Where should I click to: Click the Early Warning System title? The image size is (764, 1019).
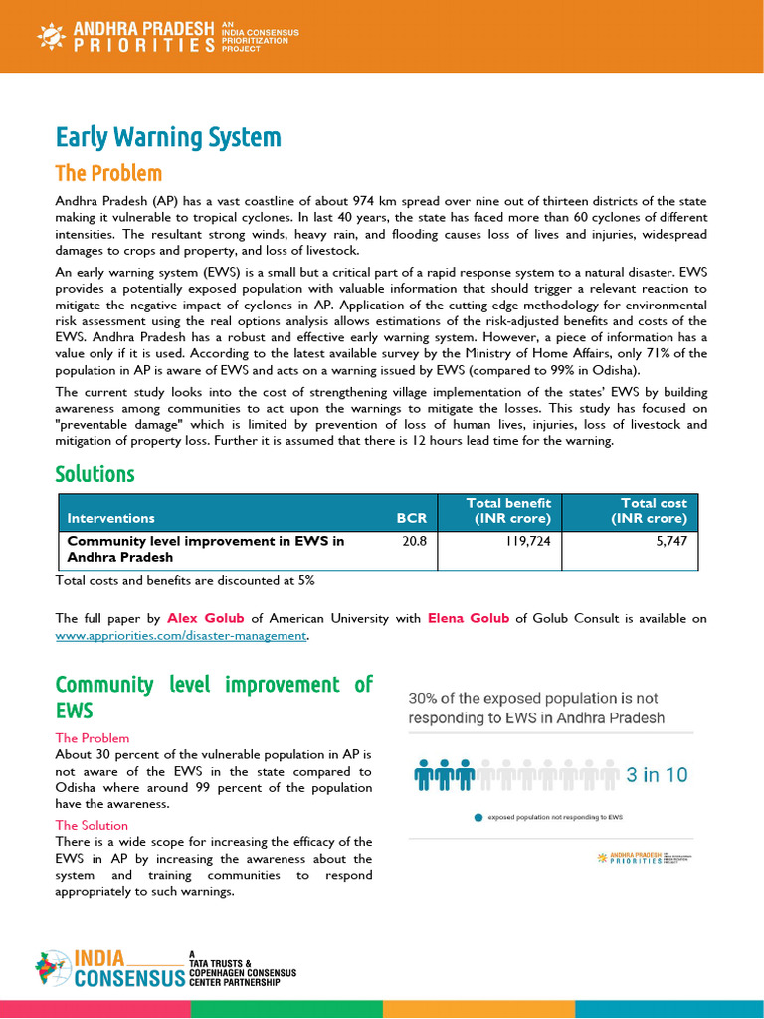(168, 136)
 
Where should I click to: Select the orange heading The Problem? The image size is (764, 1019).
(108, 173)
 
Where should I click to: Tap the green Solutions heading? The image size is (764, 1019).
(95, 473)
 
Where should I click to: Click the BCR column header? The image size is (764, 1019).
(411, 518)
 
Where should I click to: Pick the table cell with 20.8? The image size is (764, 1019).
(414, 541)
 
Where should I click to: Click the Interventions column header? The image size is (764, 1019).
(110, 518)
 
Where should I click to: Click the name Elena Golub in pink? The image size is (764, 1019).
(469, 618)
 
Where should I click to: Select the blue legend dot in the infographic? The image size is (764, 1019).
(478, 817)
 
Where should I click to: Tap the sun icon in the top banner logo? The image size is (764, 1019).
(50, 37)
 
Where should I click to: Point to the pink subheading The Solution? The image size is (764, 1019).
(92, 825)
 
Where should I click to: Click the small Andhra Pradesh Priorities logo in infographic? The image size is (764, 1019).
(642, 858)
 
